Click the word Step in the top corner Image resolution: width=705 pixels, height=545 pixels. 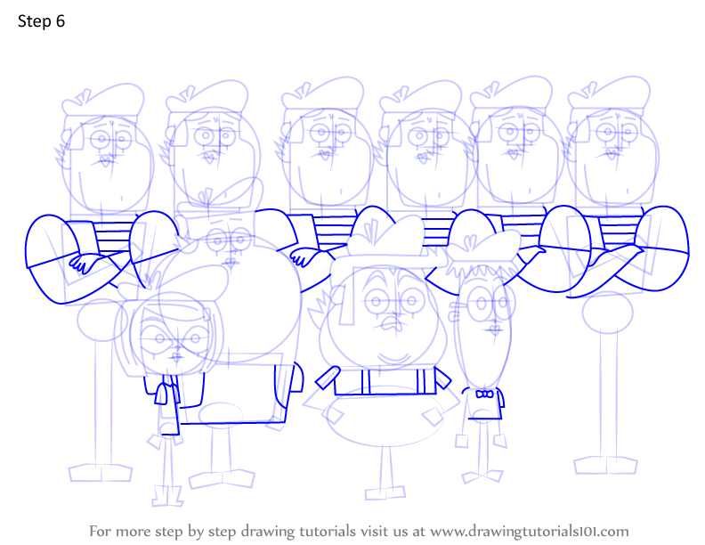point(35,21)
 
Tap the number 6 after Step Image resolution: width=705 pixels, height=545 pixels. point(61,21)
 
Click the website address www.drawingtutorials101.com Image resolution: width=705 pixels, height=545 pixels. point(530,532)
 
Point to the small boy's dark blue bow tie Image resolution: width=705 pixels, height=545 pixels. point(484,395)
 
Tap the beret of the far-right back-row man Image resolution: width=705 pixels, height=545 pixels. point(609,94)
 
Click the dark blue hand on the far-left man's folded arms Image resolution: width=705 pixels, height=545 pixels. point(84,263)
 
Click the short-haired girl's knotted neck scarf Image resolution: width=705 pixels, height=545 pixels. point(164,392)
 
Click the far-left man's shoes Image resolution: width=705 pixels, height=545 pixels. point(101,473)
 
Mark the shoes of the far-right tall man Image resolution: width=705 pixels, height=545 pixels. point(605,465)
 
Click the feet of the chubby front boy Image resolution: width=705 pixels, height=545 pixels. point(385,492)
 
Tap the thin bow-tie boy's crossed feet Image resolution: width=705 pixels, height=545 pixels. point(482,476)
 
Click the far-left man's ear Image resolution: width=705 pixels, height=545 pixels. point(66,135)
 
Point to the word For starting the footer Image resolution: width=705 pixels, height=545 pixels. point(100,531)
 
